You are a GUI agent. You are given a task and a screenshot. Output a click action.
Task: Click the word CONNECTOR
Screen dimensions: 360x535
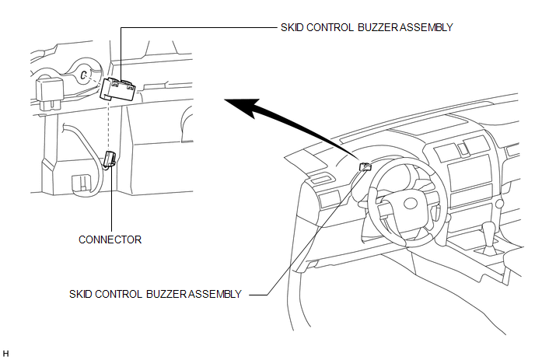110,239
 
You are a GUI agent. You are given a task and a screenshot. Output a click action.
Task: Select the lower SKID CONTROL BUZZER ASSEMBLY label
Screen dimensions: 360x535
156,294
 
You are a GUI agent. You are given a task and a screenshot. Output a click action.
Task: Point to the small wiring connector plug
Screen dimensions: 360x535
110,159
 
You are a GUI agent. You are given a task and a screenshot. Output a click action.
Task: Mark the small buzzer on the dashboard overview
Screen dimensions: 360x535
364,166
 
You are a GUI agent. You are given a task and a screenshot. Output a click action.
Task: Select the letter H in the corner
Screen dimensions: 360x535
6,353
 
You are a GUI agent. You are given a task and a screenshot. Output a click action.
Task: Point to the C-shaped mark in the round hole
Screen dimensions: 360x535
82,75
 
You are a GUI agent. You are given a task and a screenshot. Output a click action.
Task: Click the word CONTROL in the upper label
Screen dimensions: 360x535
327,26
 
